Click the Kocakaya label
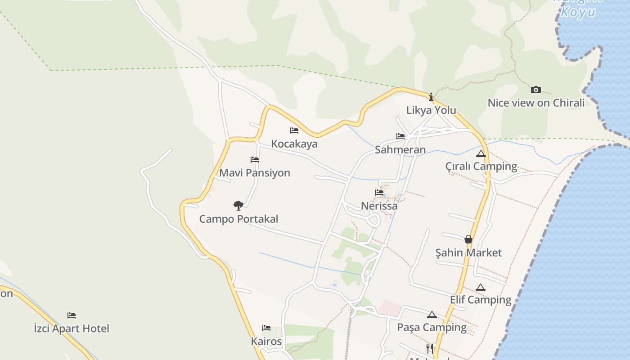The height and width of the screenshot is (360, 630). tap(294, 144)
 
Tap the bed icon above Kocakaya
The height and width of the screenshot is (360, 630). tap(294, 130)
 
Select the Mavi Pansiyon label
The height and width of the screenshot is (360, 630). tap(255, 173)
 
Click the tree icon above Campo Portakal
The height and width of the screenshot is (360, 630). tap(238, 206)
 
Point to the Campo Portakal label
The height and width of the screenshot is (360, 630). tap(238, 219)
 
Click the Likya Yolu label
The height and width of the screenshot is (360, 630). tap(431, 110)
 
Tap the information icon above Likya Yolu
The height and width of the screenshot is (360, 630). tap(431, 97)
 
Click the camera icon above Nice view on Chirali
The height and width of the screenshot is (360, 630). tap(535, 90)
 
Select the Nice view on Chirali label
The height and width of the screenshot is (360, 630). tap(536, 103)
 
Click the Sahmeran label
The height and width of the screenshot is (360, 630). tap(400, 150)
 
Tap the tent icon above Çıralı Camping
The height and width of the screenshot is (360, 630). tap(481, 153)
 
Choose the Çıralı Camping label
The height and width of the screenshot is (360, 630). tap(481, 166)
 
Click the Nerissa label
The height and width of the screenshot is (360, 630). tap(379, 206)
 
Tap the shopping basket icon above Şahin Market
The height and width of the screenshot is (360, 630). tap(468, 239)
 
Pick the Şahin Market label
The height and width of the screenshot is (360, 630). tap(468, 253)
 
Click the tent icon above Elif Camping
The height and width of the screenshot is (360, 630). tap(481, 287)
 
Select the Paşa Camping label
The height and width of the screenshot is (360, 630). tap(432, 328)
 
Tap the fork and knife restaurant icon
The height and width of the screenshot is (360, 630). tap(430, 348)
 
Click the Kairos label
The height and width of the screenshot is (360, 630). tap(266, 342)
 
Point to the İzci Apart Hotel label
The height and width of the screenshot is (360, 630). tap(72, 328)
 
